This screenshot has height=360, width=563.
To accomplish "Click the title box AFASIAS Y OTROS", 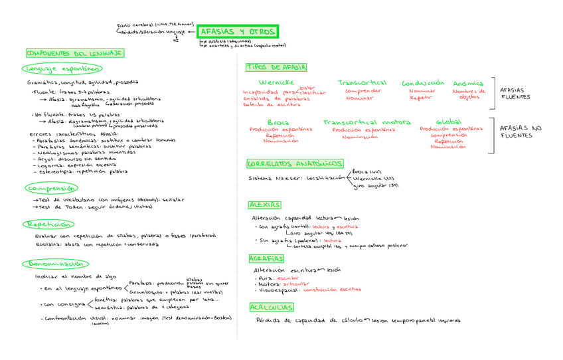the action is point(237,32).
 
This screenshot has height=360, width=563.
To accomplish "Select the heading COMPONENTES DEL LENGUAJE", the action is point(74,53).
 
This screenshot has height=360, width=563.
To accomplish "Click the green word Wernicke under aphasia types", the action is point(277,82).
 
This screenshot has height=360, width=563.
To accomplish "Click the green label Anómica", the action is point(469,83).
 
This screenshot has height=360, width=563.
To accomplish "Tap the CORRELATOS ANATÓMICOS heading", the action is point(295,164).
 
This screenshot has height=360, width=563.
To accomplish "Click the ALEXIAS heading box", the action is point(265,205).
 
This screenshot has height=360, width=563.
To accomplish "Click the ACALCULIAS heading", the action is point(272,307).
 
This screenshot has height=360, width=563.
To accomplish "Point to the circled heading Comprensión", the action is point(50,188).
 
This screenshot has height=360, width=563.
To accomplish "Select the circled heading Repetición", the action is point(48,225).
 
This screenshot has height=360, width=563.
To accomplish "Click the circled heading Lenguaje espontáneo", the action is point(62,68).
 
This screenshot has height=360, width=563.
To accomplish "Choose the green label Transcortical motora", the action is point(366,122).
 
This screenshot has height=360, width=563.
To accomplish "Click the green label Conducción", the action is point(422,83).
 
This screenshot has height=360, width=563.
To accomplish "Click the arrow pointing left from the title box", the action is point(191,31).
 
